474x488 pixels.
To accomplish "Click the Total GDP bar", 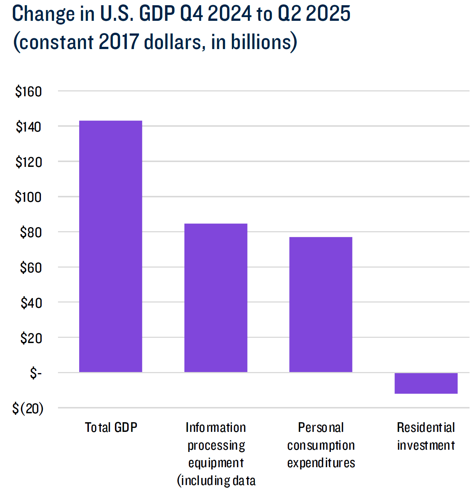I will (x=110, y=246).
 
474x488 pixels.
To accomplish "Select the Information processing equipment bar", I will (x=216, y=297).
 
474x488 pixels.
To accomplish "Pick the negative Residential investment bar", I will (x=426, y=383).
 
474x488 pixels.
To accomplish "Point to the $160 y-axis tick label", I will (x=28, y=91).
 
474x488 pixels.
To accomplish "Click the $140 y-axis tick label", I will (x=28, y=127).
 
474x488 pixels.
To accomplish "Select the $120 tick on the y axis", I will (x=29, y=162).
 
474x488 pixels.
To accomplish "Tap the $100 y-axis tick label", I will (x=28, y=197).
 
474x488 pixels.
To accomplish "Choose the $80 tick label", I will (x=31, y=232).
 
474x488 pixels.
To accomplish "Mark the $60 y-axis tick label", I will (x=31, y=268).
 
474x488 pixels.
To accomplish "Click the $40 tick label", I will (x=31, y=303).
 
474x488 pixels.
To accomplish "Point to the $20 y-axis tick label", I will (x=31, y=338).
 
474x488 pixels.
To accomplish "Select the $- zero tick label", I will (x=36, y=373).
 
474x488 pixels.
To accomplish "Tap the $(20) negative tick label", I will (x=28, y=408).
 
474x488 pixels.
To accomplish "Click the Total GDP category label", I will (x=111, y=427).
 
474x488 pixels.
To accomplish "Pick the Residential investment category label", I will (x=426, y=436).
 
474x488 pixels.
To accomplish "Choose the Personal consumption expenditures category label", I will (x=321, y=445).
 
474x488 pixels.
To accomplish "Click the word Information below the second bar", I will (x=216, y=427).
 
